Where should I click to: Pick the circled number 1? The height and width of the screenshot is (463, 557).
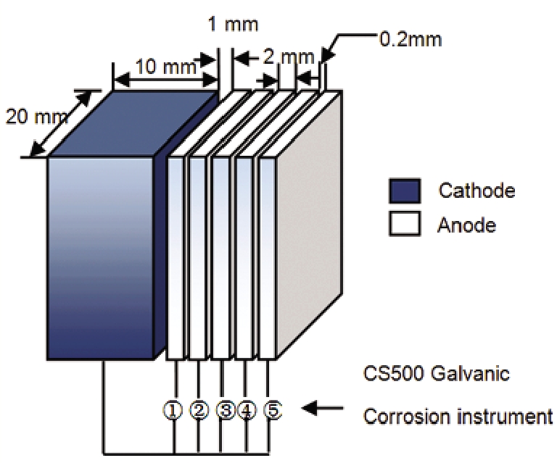(x=173, y=411)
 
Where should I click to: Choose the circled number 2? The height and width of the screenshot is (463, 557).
(x=198, y=411)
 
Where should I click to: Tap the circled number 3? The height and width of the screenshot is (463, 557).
(x=225, y=411)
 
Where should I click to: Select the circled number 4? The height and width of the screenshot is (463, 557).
(x=247, y=411)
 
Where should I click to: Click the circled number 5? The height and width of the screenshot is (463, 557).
(x=272, y=411)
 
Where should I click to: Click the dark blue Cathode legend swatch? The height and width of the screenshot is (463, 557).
(x=405, y=191)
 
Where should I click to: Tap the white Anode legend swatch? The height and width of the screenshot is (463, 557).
(x=405, y=225)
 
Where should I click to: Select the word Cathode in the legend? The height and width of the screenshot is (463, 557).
(x=476, y=191)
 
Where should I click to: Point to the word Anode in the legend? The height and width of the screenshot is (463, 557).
(x=467, y=225)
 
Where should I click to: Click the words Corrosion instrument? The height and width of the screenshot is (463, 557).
(x=457, y=418)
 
